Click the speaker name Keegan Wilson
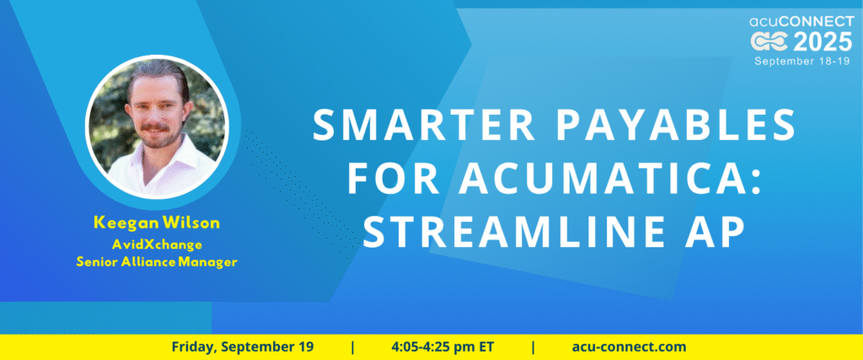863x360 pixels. (x=157, y=223)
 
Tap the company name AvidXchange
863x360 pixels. (x=156, y=244)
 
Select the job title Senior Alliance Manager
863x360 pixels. (x=156, y=262)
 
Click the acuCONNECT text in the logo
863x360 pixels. (x=801, y=22)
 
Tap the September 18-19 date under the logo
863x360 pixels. (x=803, y=61)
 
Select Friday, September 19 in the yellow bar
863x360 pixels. (x=243, y=347)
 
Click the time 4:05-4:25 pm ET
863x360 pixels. (x=442, y=347)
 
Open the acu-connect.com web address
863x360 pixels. (x=629, y=347)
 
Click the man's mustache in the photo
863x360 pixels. (x=155, y=127)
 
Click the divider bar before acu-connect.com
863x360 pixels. (x=533, y=347)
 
